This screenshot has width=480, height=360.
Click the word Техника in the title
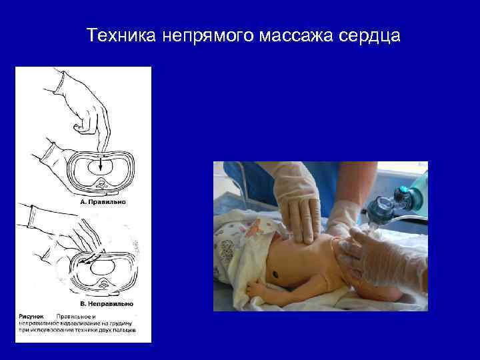[x=121, y=35]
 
